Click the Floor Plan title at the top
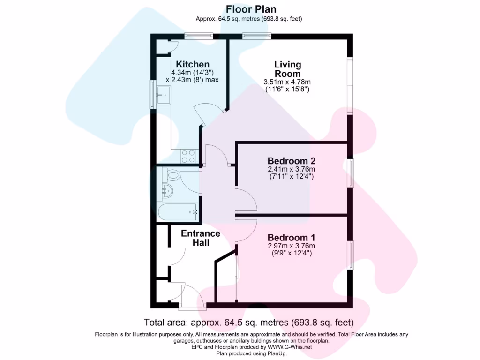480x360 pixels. coord(251,9)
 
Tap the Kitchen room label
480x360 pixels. coord(193,64)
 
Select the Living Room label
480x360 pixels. coord(287,69)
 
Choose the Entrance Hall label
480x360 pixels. coord(201,238)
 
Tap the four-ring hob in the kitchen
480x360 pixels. coord(188,156)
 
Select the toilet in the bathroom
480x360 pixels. coord(171,176)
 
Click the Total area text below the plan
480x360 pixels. coord(248,322)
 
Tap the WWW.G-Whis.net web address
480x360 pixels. coord(289,347)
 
